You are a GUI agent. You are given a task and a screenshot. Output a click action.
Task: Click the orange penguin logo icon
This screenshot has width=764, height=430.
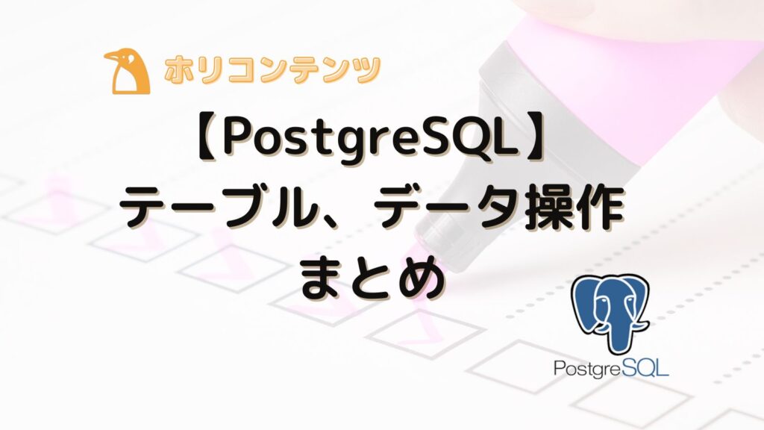(126, 72)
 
